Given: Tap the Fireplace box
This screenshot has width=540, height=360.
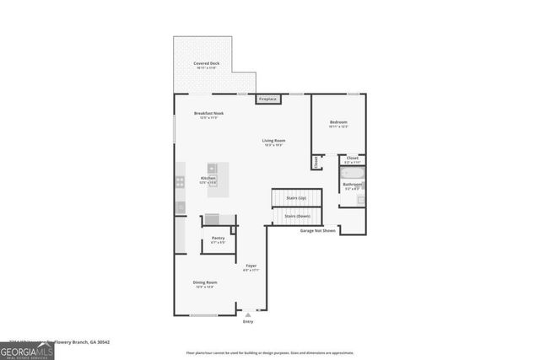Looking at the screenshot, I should click(268, 99).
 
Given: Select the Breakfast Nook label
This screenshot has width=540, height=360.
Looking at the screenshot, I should click(208, 116).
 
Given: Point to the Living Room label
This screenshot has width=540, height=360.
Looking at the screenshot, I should click(273, 142).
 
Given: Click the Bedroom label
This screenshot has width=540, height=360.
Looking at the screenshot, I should click(338, 124).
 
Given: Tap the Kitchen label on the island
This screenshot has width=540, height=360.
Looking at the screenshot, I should click(208, 179).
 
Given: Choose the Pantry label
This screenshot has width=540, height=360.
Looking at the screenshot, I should click(218, 239).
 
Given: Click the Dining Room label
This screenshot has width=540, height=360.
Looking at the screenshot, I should click(205, 284).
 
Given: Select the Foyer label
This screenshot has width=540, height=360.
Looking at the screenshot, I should click(251, 267).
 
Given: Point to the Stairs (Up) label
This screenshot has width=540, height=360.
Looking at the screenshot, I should click(296, 198).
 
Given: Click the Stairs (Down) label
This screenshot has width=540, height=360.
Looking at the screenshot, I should click(296, 216).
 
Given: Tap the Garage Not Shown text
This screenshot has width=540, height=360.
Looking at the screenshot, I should click(318, 230).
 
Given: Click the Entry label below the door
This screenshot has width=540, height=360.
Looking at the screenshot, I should click(248, 321).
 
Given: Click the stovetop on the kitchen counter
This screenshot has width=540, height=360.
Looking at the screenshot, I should click(180, 181).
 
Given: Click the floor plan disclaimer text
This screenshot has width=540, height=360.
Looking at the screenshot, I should click(270, 352).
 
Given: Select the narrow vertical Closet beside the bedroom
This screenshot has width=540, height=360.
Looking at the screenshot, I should click(316, 161).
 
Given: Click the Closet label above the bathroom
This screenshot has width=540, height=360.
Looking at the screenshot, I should click(353, 159).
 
